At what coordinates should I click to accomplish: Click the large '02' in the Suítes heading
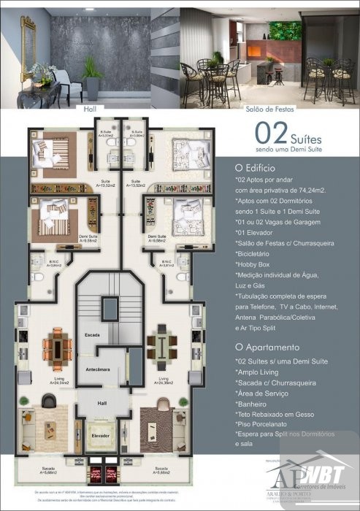(271, 132)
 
